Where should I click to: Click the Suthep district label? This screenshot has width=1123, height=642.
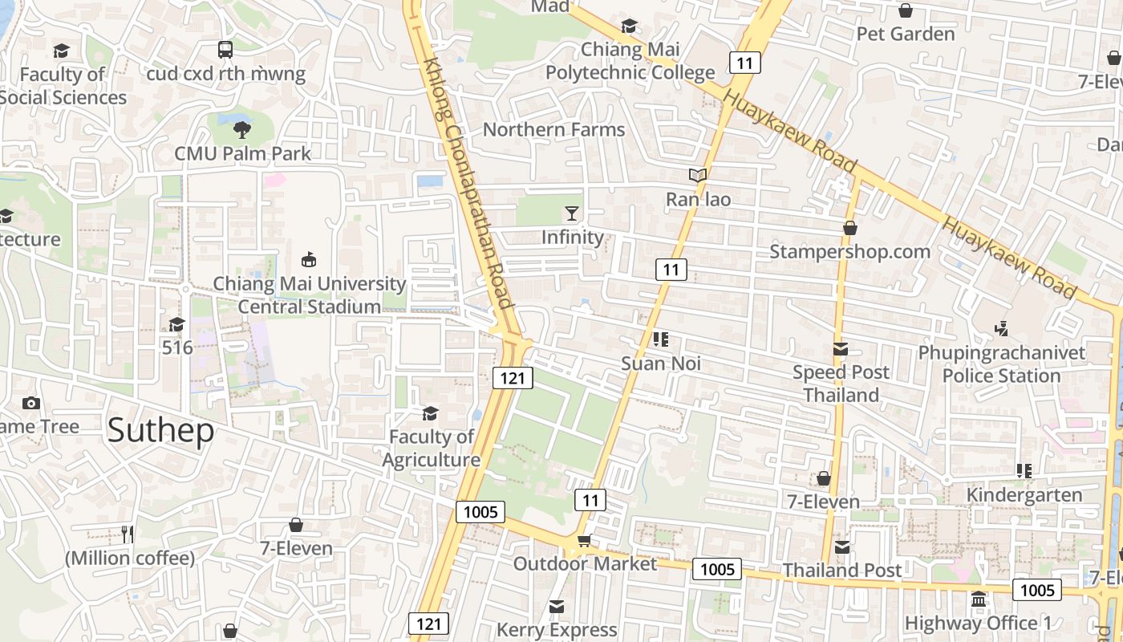coord(160,430)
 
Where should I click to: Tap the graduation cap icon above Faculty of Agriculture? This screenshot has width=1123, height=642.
coord(431,413)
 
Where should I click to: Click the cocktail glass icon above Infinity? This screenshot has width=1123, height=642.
coord(571,213)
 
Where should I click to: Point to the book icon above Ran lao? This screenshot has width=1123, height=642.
coord(698,175)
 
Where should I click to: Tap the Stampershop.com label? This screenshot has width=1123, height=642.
coord(849,251)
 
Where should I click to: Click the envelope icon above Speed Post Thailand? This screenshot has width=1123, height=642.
coord(841,349)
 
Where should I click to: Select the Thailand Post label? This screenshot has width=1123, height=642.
coord(842,570)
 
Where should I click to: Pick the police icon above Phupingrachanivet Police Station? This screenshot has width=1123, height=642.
coord(1001,328)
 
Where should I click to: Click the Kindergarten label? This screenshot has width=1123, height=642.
coord(1024,494)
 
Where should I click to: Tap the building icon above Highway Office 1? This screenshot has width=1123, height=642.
coord(978,599)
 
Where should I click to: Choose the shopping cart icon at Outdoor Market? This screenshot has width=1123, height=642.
coord(584,540)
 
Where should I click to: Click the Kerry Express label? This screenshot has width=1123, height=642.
coord(557,630)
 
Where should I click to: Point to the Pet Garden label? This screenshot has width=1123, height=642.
coord(906,34)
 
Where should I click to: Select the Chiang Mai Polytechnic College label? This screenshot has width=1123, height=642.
coord(630,61)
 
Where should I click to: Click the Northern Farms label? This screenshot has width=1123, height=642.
coord(553,129)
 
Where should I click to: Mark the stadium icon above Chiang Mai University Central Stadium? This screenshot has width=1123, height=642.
coord(309,259)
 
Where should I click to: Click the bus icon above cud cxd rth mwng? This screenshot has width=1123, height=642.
coord(225,50)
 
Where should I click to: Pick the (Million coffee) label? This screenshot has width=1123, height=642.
coord(130,558)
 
